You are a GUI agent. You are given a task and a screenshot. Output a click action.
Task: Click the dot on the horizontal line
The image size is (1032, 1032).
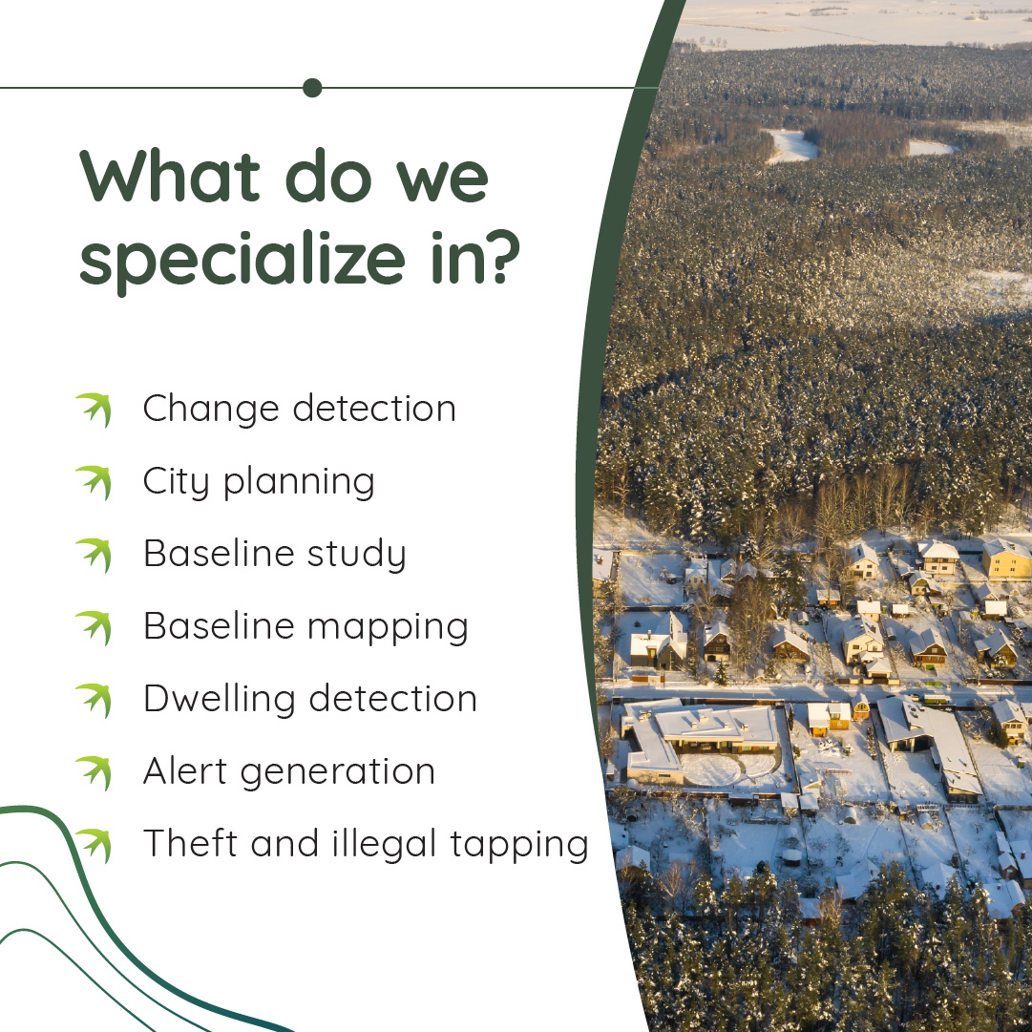pos(312,88)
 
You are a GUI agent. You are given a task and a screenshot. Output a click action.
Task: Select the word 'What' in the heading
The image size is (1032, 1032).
pos(170,176)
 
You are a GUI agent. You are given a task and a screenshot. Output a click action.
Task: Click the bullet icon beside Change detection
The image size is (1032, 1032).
pos(95,410)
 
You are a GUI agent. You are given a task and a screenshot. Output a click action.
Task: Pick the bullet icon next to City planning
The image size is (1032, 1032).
pos(95,482)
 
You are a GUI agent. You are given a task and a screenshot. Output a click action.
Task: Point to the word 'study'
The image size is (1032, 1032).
pos(357,554)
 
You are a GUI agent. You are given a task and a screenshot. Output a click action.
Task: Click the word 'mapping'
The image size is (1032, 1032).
pos(388,627)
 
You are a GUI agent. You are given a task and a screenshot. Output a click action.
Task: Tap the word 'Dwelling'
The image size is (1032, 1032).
pos(220,699)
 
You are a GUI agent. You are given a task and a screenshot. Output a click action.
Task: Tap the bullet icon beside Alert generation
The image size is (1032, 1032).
pos(95,772)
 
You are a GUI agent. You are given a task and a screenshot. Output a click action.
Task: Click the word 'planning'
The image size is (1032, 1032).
pos(299,482)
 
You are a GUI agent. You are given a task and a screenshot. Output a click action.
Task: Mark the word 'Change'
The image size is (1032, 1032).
pos(211,410)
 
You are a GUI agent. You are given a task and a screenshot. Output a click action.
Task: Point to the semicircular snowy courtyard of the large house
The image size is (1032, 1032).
pos(728,769)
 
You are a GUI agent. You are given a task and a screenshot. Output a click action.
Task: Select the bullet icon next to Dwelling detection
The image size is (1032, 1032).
pos(95,701)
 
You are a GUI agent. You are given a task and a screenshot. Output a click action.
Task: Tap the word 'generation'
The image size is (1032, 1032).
pos(338,772)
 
